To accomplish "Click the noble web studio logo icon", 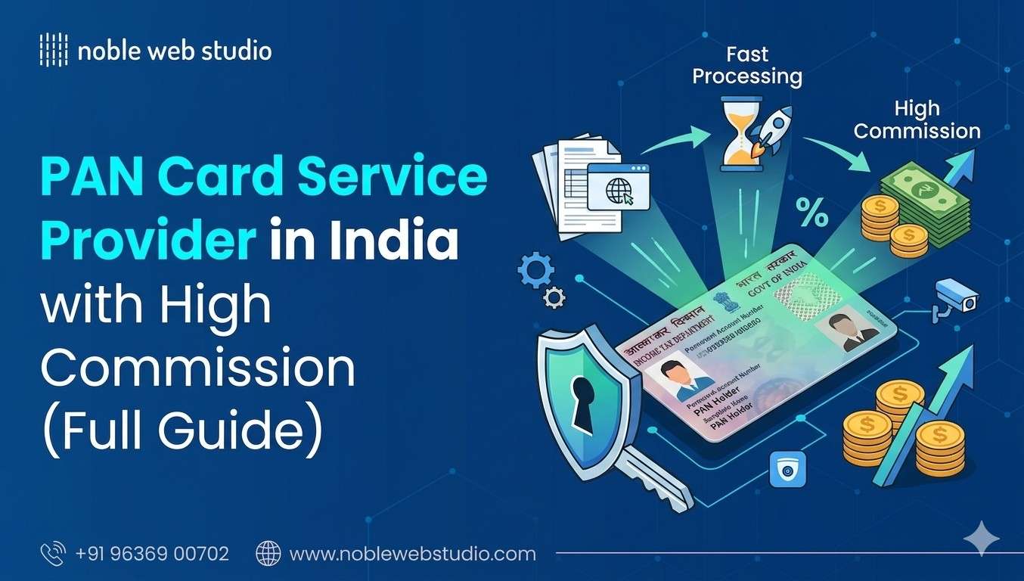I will [53, 51].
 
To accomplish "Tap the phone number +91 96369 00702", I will [152, 554].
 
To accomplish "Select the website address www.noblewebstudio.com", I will [412, 554].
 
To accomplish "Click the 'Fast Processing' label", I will [747, 66].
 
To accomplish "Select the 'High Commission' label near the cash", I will [917, 120].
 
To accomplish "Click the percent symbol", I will [811, 214].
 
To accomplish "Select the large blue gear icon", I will [535, 270].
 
